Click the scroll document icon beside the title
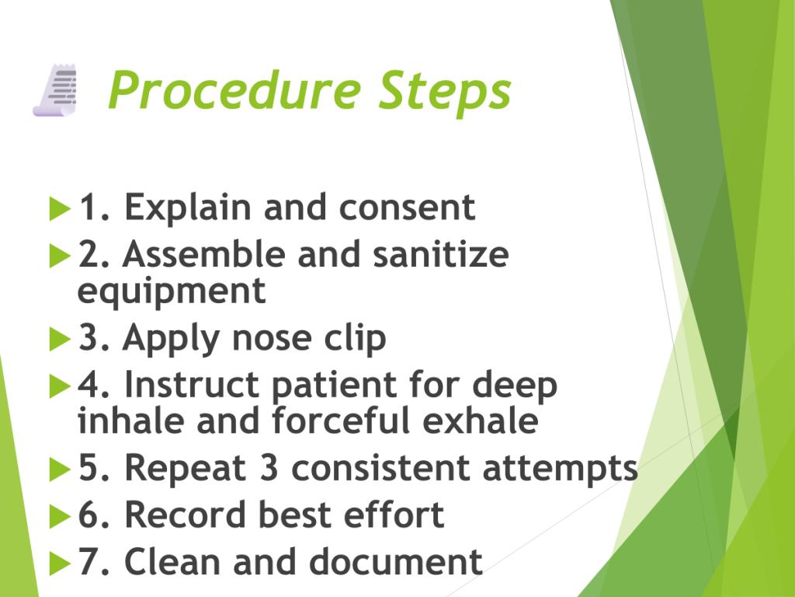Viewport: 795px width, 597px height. click(55, 90)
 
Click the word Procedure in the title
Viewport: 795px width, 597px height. click(234, 90)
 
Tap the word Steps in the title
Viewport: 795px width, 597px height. click(445, 92)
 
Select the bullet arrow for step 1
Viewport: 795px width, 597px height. click(60, 208)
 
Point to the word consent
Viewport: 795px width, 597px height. click(407, 208)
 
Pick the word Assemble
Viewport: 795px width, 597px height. click(204, 254)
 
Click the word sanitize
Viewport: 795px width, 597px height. click(441, 254)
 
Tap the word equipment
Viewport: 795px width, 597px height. click(172, 292)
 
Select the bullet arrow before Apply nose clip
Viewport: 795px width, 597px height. click(60, 339)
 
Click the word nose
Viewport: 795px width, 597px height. click(271, 339)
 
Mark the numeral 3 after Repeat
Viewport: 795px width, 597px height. click(269, 467)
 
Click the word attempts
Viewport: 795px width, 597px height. click(561, 469)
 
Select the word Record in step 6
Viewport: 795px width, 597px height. click(185, 515)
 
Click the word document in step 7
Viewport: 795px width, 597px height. click(395, 561)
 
